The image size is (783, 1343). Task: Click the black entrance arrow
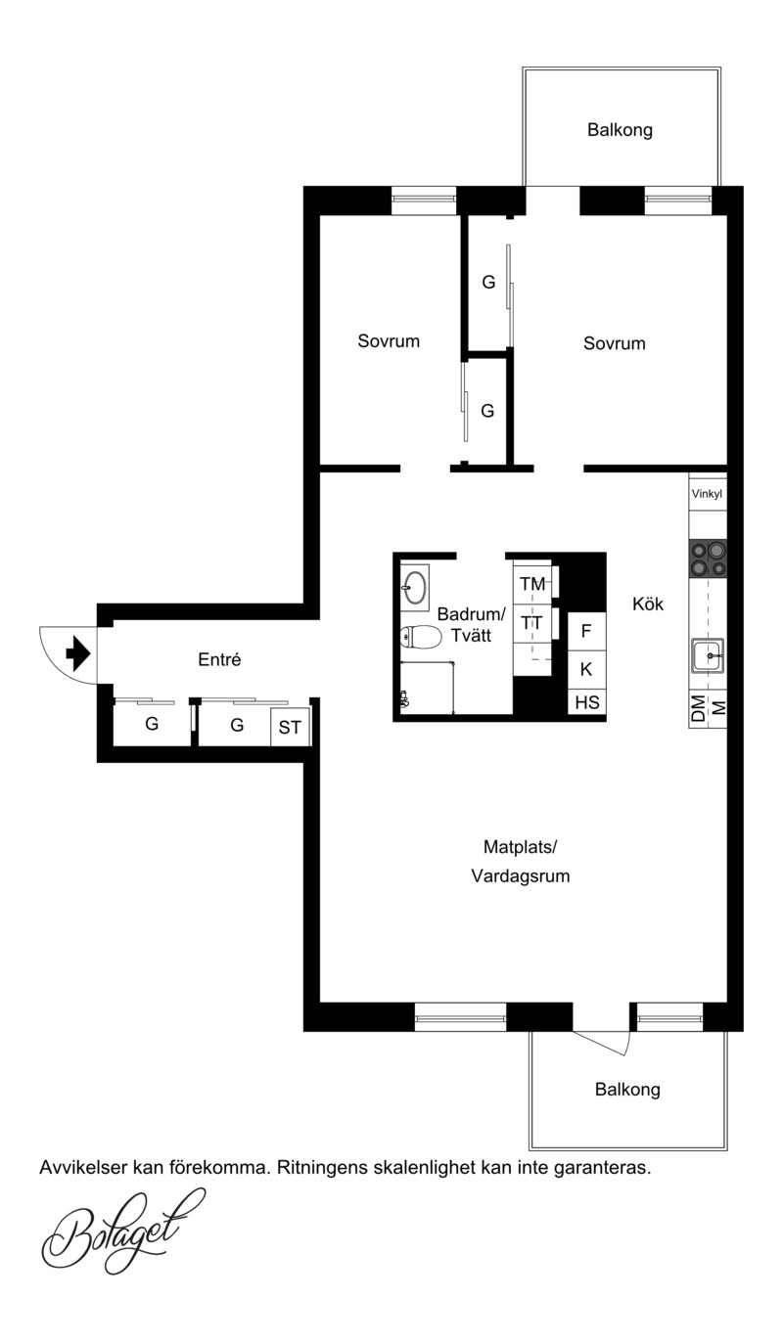(x=78, y=653)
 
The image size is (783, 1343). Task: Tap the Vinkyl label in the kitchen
(x=707, y=494)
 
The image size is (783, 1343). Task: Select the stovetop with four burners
(x=708, y=559)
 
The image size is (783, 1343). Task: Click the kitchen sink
(x=708, y=655)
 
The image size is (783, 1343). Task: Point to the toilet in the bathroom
(x=421, y=637)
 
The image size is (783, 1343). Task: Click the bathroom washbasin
(x=414, y=586)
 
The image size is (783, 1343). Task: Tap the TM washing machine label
(x=532, y=583)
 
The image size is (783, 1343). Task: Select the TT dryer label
(x=531, y=623)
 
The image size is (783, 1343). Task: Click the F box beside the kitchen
(x=587, y=631)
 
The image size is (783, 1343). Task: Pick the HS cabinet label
(x=587, y=702)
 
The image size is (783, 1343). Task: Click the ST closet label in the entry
(x=290, y=728)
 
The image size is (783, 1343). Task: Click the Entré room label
(x=219, y=659)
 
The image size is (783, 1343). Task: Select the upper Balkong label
(x=620, y=130)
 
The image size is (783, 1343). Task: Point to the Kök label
(x=648, y=604)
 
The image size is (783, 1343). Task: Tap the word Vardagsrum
(x=520, y=876)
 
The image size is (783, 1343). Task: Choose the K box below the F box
(x=587, y=669)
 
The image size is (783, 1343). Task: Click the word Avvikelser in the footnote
(x=83, y=1167)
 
